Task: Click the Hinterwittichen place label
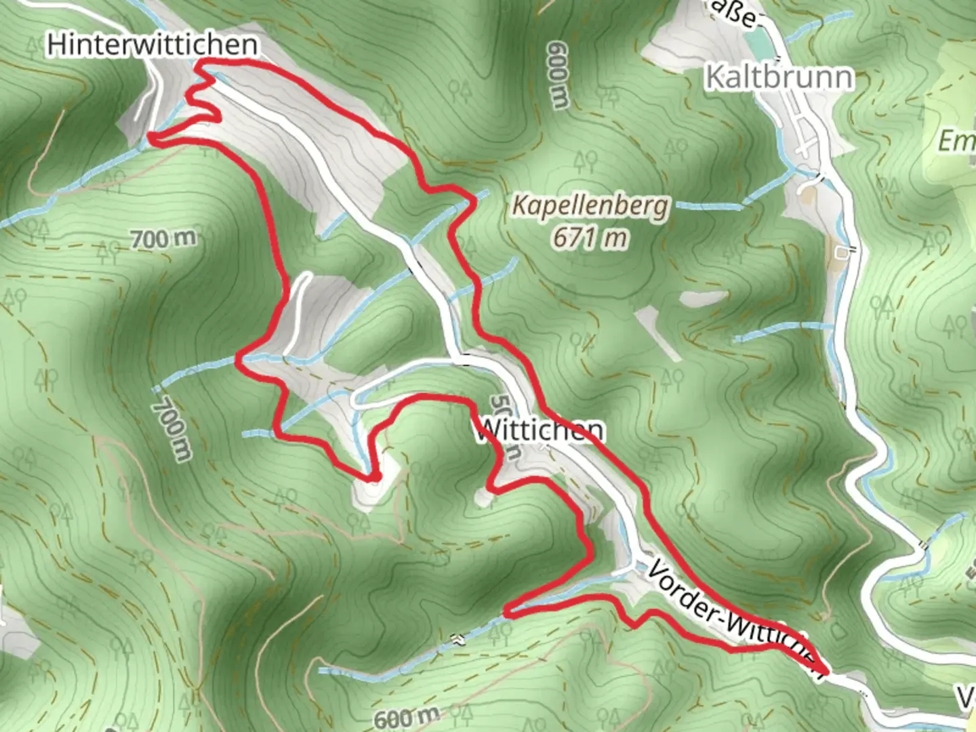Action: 152,45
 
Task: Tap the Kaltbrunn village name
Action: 779,77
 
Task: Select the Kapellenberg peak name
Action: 590,205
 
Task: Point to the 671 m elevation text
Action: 590,237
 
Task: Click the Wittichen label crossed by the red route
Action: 540,430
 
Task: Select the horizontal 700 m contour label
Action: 163,239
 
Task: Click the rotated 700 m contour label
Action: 172,428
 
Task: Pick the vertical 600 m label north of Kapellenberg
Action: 557,75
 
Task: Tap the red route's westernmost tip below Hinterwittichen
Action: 150,138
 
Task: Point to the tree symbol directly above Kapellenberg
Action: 586,161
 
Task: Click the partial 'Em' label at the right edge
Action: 956,141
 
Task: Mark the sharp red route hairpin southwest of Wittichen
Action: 373,479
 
